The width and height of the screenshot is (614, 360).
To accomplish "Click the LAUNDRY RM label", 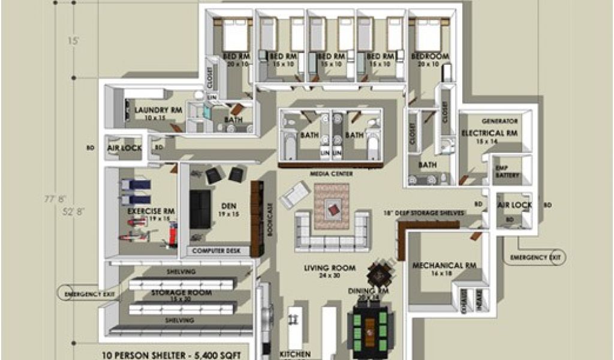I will point(158,110).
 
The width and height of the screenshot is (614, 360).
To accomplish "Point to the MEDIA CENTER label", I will point(331,174).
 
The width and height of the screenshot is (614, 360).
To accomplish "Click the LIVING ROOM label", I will point(330,268).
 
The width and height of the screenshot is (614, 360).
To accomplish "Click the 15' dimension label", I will point(73,41).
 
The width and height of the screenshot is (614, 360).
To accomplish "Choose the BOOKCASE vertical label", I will point(270,220).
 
